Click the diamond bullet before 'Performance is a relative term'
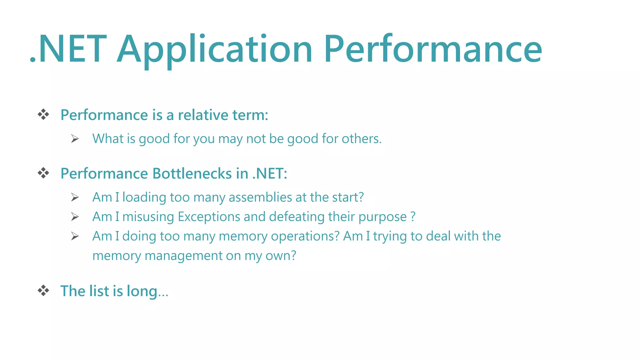click(x=43, y=115)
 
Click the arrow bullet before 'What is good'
click(x=75, y=138)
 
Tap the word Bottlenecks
click(x=192, y=173)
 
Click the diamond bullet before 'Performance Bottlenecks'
click(x=43, y=173)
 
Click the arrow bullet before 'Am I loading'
click(x=75, y=197)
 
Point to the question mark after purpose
click(x=413, y=217)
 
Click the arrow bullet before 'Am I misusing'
click(x=75, y=217)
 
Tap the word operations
click(x=305, y=236)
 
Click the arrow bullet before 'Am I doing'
click(x=75, y=236)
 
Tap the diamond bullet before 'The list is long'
click(x=43, y=291)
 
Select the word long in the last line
click(x=142, y=291)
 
